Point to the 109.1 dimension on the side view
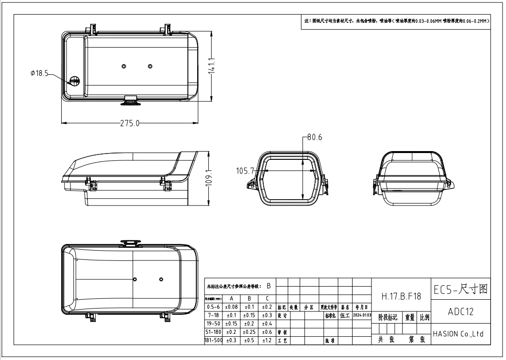[209, 178]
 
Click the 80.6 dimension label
[313, 137]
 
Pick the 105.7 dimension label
[246, 171]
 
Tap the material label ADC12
[459, 312]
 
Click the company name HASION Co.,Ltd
[459, 334]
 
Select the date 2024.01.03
[363, 315]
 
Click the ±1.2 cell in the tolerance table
[267, 341]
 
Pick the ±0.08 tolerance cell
[231, 307]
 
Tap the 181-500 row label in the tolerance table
[213, 341]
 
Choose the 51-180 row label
[213, 332]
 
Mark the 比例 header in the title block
[423, 317]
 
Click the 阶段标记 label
[388, 317]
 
